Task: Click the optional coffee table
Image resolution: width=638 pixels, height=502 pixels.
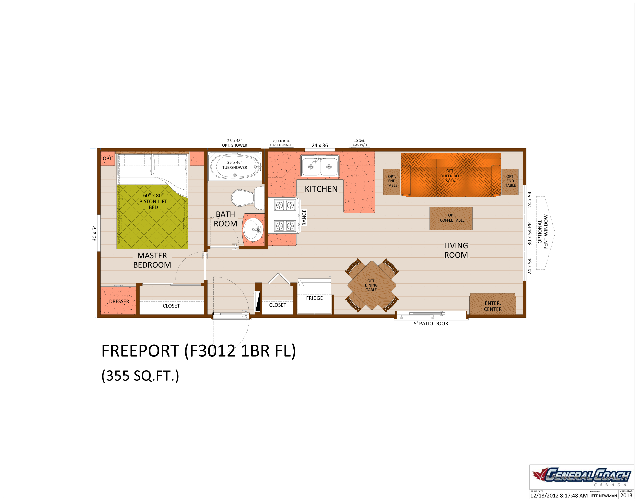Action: [451, 218]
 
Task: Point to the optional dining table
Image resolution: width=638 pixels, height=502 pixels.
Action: [371, 285]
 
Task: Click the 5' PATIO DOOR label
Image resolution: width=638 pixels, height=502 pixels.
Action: [431, 324]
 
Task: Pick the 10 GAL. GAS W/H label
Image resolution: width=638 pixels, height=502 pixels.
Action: [359, 143]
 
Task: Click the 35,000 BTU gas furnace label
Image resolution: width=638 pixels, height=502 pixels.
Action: [281, 143]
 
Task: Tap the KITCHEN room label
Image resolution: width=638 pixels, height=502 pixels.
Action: [321, 189]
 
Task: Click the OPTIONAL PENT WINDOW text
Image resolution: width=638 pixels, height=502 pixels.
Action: [542, 232]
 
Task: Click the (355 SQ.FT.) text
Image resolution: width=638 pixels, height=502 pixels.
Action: [140, 376]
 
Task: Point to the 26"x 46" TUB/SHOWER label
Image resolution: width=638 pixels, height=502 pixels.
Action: [234, 165]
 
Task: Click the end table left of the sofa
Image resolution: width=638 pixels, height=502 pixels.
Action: [392, 181]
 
